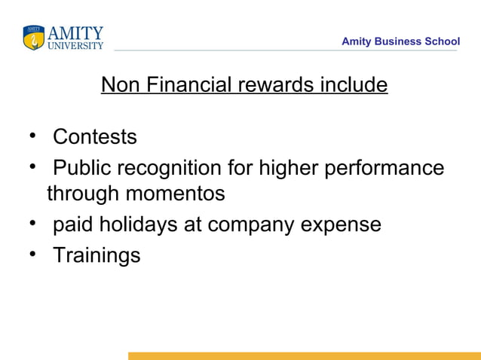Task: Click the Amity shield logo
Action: (33, 38)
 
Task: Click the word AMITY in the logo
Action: (75, 33)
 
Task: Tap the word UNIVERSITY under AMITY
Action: (75, 45)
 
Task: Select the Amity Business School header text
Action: (400, 41)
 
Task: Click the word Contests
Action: (95, 137)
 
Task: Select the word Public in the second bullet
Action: (79, 167)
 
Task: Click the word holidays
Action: (152, 224)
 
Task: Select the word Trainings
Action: (97, 255)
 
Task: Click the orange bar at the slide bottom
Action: (304, 355)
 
